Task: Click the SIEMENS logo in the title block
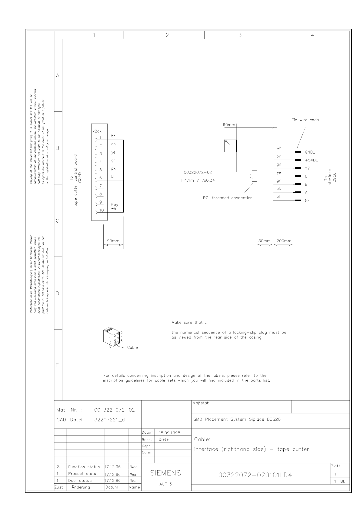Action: (x=165, y=473)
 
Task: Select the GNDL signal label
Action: (x=310, y=152)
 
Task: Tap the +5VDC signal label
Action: (x=311, y=160)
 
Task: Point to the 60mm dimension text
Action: (x=229, y=124)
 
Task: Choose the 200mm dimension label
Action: (x=284, y=241)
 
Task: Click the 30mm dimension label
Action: (x=264, y=241)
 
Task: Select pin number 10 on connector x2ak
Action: (x=101, y=210)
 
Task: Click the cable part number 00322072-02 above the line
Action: (x=198, y=172)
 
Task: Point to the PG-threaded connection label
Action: (x=228, y=198)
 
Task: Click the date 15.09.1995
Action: (x=169, y=432)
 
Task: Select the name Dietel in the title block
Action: (x=164, y=439)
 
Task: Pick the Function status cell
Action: (x=84, y=467)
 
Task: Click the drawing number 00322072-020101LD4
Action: (x=255, y=475)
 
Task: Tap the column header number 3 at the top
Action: (x=240, y=35)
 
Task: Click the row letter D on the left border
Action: (x=57, y=293)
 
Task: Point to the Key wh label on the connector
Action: (x=115, y=207)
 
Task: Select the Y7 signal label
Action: (x=307, y=168)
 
